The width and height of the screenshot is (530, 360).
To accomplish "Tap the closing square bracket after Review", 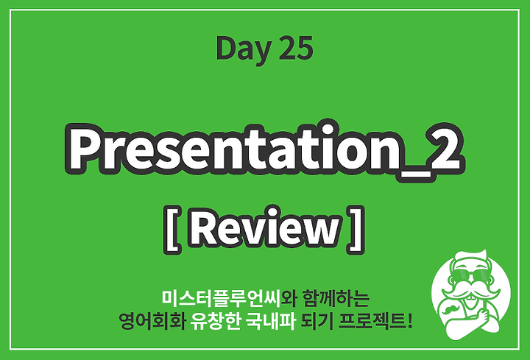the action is [x=355, y=230].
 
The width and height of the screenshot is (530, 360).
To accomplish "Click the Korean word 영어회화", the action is [x=152, y=321].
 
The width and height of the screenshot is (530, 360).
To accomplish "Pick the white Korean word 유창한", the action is [x=215, y=321].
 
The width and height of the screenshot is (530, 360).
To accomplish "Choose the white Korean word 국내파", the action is [x=271, y=321].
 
